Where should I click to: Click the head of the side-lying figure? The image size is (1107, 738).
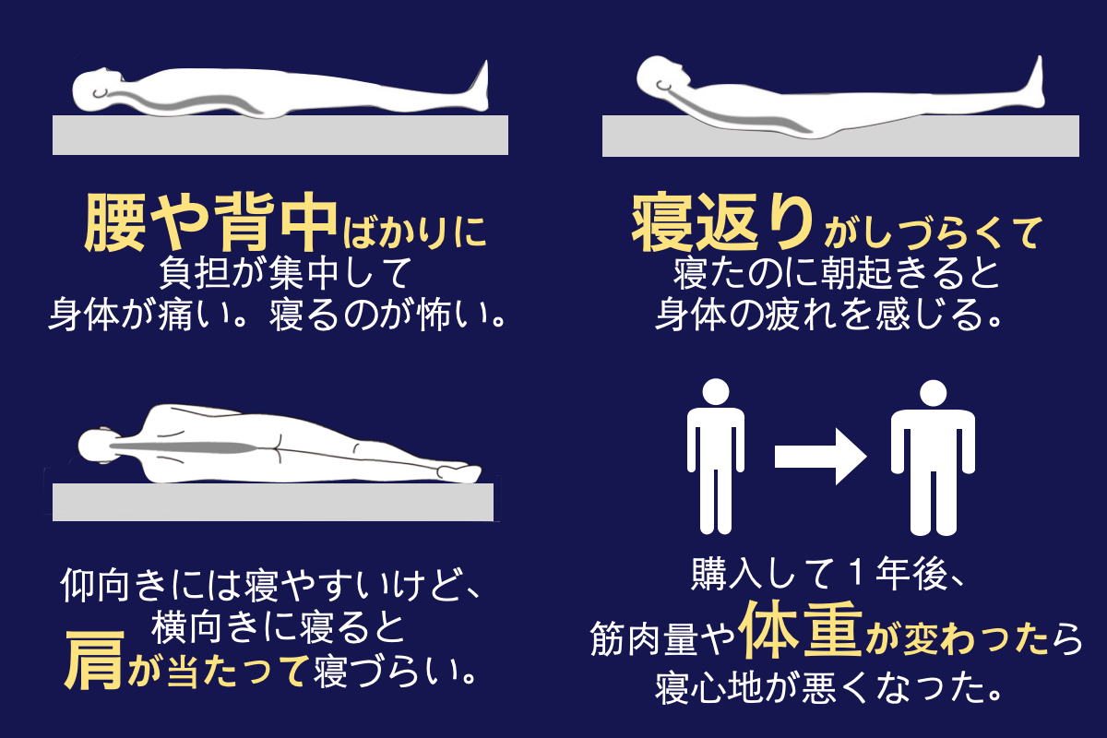click(x=96, y=446)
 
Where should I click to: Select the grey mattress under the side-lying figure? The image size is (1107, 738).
click(x=272, y=502)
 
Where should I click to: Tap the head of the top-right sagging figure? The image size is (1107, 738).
click(x=662, y=77)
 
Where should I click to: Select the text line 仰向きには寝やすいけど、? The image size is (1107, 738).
click(x=269, y=585)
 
